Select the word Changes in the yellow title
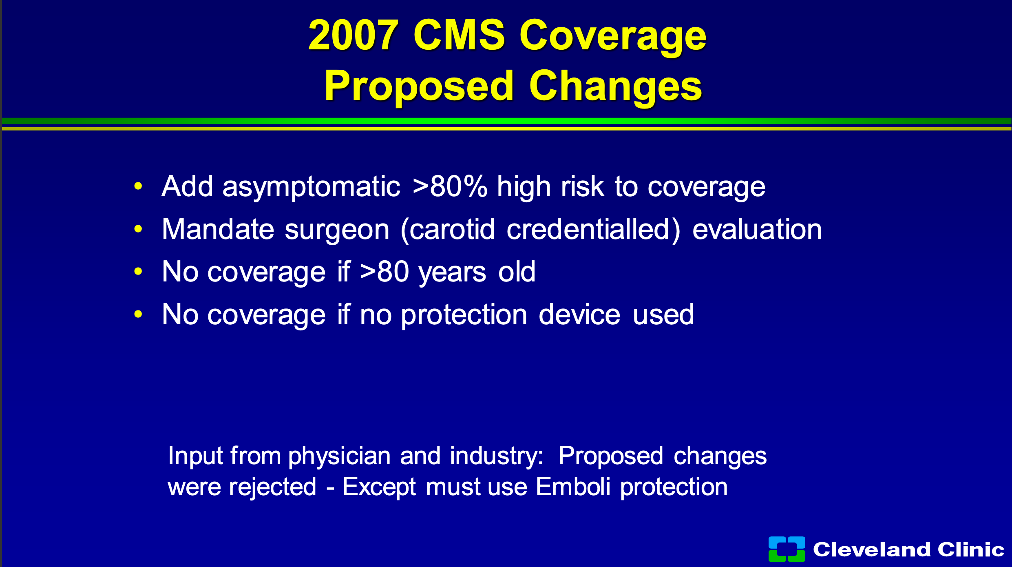click(616, 86)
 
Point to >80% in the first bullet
click(450, 186)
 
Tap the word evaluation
click(757, 229)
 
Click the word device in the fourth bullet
click(579, 315)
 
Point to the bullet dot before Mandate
click(138, 229)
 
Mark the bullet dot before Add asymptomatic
click(138, 186)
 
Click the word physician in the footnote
click(340, 456)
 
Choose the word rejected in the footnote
click(272, 487)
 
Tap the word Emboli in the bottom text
click(573, 487)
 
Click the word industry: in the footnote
click(497, 456)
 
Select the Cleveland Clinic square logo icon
click(787, 549)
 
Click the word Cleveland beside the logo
click(872, 549)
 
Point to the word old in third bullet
click(517, 272)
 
